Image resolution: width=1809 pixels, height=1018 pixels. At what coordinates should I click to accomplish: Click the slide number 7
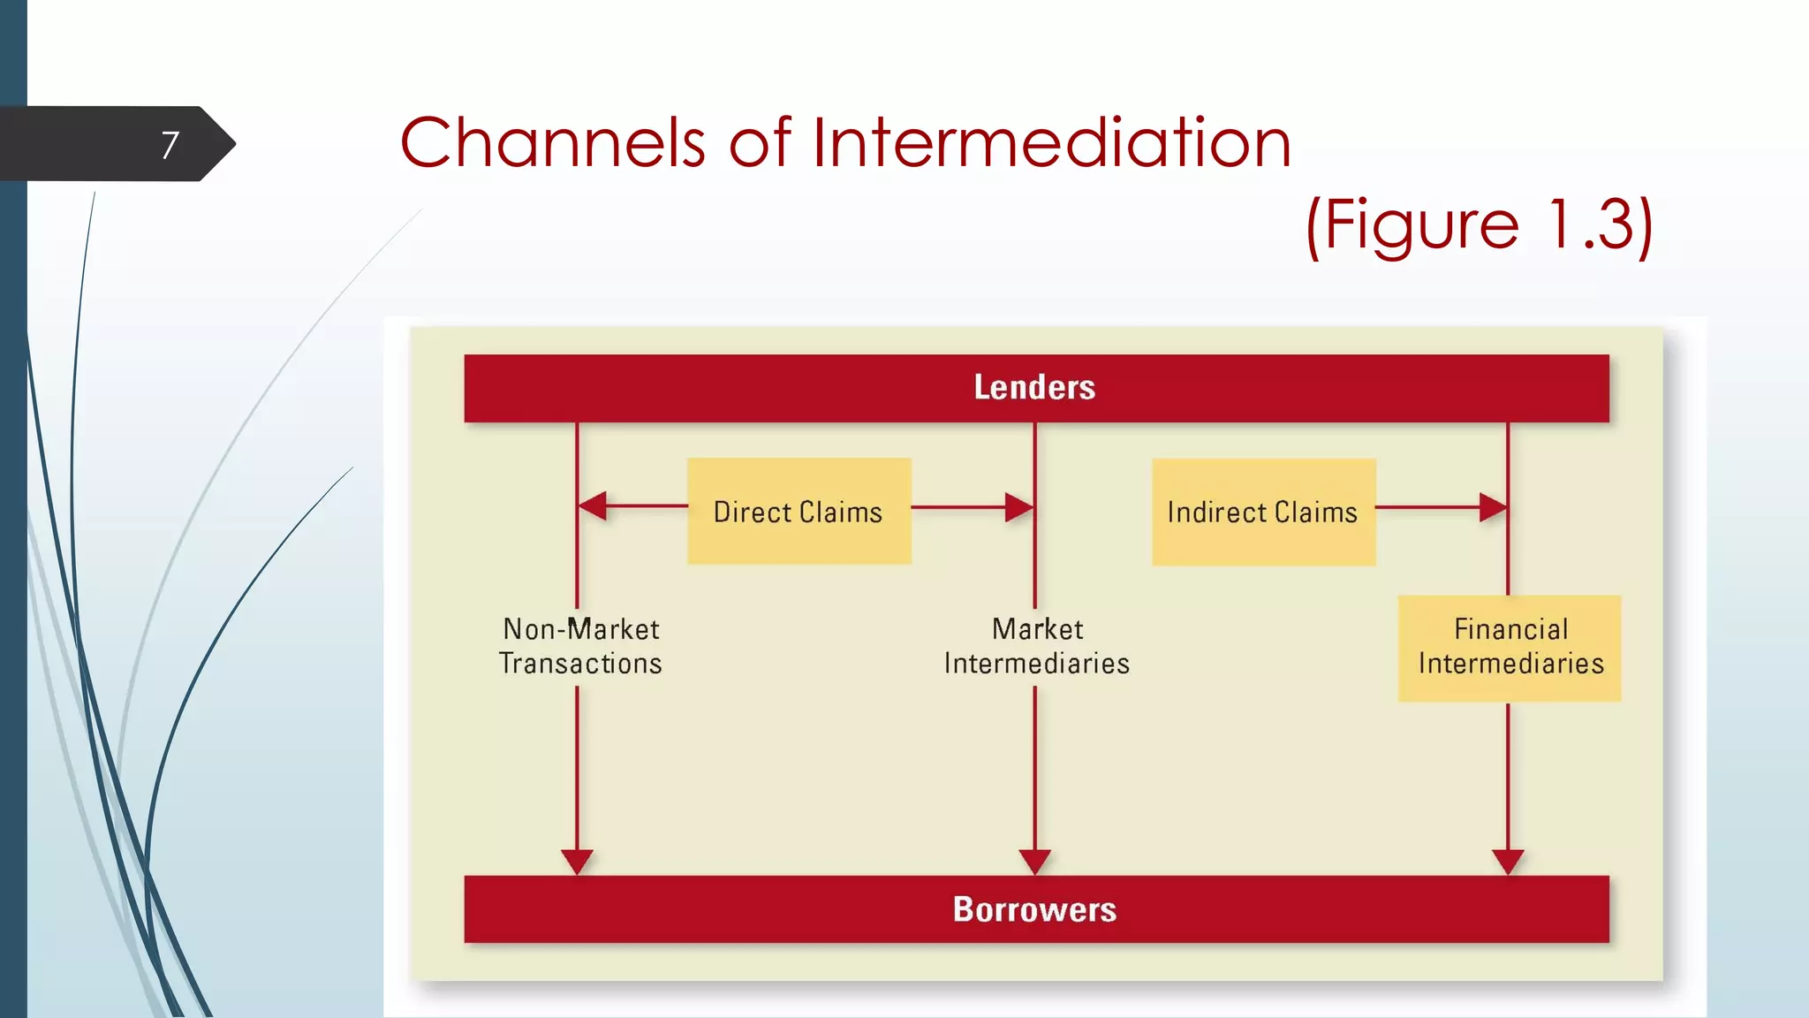(170, 145)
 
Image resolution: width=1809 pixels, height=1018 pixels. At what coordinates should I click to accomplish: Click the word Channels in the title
(552, 143)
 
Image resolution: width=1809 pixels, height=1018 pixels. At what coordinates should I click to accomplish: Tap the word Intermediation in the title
(1051, 143)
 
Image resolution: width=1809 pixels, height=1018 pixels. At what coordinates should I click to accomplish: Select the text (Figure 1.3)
(1479, 225)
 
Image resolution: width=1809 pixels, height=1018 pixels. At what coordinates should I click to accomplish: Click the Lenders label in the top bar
(1034, 388)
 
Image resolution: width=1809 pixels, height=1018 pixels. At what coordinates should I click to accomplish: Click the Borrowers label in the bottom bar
(1034, 909)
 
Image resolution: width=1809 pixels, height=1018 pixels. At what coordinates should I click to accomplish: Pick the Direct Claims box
(799, 512)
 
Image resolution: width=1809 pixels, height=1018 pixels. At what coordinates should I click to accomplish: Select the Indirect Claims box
(1263, 512)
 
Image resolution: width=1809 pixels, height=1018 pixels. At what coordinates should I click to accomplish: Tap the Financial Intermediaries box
(1510, 648)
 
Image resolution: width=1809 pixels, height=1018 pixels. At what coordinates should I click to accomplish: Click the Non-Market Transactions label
(580, 646)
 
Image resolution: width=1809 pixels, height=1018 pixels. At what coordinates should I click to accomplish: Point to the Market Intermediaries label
(1036, 646)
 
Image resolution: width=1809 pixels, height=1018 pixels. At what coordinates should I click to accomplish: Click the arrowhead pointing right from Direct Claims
(1019, 507)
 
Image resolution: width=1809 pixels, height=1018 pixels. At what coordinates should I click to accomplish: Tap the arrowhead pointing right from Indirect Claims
(1493, 507)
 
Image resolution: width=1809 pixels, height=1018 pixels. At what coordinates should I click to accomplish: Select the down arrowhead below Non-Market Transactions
(577, 862)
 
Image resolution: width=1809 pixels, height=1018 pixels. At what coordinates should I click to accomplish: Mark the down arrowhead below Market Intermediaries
(1034, 862)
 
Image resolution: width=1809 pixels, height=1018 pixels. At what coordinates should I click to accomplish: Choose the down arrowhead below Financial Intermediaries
(1508, 862)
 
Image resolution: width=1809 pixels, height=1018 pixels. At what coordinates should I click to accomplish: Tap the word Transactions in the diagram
(580, 664)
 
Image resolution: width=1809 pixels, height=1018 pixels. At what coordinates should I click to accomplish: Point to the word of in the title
(759, 143)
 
